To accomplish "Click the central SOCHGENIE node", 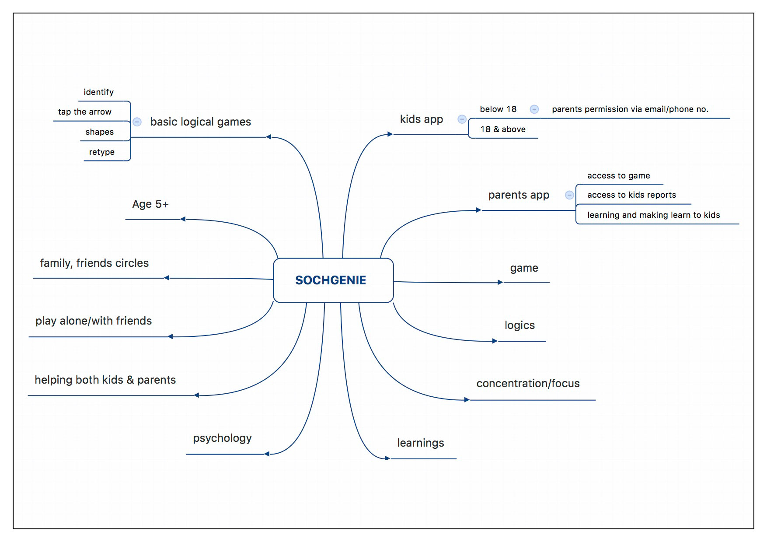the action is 333,280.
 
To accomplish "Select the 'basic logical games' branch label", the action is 201,122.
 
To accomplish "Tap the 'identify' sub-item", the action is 98,92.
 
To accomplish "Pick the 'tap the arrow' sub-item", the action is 85,112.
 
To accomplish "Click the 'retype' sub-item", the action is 102,152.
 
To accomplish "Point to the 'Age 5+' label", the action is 150,204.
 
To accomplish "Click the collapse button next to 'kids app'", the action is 462,119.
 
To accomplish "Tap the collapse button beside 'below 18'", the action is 534,109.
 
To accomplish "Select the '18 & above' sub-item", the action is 503,129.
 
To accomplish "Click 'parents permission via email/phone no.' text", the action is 630,109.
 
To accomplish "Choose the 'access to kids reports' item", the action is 631,195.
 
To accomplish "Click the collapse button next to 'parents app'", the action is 569,195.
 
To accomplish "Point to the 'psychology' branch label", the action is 222,438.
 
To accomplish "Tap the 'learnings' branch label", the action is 421,443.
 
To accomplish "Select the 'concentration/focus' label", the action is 528,383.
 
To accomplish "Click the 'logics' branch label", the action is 519,325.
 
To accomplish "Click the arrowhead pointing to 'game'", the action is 501,282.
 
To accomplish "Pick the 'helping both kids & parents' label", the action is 105,380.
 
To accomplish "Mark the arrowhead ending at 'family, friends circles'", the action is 167,278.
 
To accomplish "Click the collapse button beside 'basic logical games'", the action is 137,122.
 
